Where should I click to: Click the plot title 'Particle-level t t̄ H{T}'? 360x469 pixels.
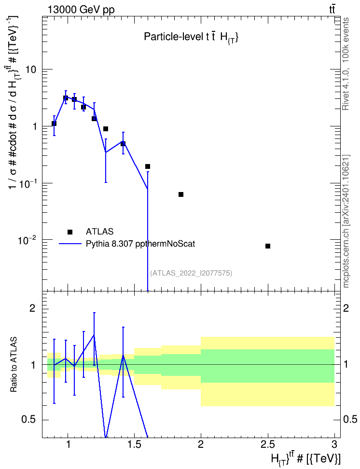pos(191,37)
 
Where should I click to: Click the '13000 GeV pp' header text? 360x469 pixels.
pos(81,10)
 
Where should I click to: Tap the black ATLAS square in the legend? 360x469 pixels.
pos(70,232)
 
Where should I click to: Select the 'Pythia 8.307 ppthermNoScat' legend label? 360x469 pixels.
pos(140,244)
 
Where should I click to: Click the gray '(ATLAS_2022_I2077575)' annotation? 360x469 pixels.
pos(191,273)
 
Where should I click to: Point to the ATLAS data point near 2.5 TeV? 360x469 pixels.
pos(268,246)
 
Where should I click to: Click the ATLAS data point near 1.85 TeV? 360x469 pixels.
pos(181,194)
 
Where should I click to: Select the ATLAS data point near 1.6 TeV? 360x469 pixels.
pos(148,166)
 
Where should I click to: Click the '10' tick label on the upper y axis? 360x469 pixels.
pos(30,69)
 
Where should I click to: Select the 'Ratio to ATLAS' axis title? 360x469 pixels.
pos(14,365)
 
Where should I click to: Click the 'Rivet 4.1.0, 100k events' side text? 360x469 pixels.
pos(346,64)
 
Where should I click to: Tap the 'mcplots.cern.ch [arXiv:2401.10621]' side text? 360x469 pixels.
pos(346,221)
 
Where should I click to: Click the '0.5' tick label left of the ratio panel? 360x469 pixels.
pos(29,420)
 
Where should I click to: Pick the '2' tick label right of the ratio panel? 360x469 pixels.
pos(346,308)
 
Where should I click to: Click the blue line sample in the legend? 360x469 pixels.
pos(70,244)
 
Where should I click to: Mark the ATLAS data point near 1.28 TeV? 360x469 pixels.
pos(106,129)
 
